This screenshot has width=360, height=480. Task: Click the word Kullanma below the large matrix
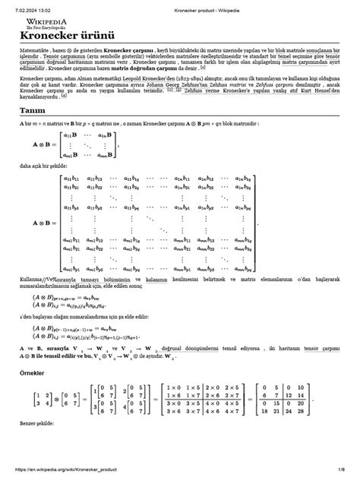33,279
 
